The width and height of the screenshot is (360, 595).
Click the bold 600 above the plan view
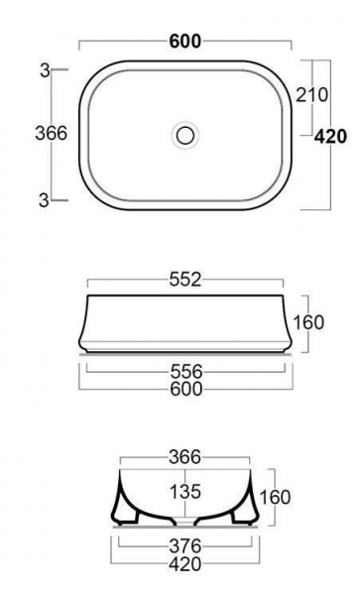pyautogui.click(x=185, y=41)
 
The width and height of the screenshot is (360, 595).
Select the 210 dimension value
pyautogui.click(x=311, y=95)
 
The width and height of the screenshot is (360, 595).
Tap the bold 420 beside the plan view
pyautogui.click(x=330, y=137)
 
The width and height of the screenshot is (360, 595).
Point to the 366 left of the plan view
pyautogui.click(x=52, y=133)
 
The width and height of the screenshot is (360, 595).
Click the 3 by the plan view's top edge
pyautogui.click(x=46, y=70)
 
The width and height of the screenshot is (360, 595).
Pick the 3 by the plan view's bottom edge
pyautogui.click(x=44, y=200)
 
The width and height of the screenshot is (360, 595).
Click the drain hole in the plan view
pyautogui.click(x=185, y=135)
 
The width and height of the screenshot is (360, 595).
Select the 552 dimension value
pyautogui.click(x=185, y=280)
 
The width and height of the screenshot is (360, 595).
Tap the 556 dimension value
pyautogui.click(x=186, y=372)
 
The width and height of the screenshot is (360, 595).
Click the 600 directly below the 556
pyautogui.click(x=186, y=389)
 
